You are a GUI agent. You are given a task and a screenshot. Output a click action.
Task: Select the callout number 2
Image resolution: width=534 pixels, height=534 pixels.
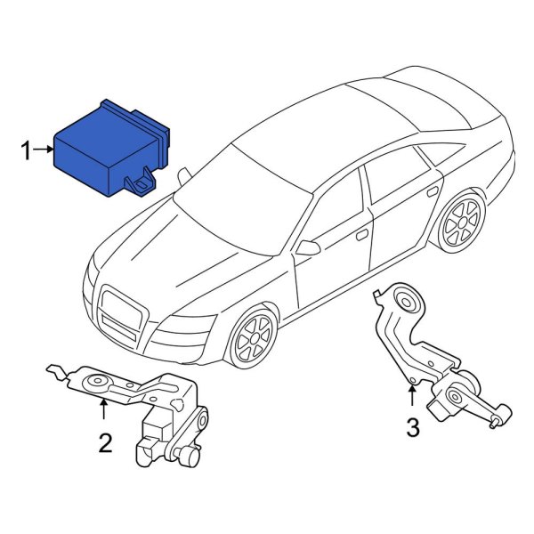[105, 442]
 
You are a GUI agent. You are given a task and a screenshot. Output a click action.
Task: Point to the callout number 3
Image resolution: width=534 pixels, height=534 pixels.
[412, 428]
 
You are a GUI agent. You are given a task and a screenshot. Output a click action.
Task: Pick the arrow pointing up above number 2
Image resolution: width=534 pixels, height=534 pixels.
[104, 409]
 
